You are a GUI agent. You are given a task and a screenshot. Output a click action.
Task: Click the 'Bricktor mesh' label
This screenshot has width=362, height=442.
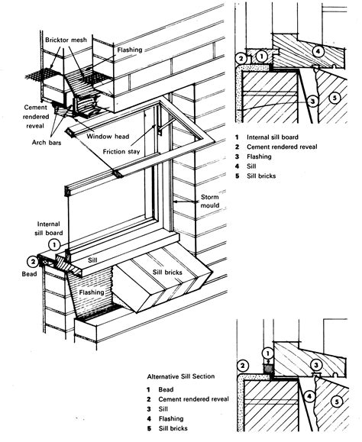[66, 40]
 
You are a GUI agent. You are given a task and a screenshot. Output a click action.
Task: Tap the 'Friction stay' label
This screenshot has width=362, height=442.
[121, 152]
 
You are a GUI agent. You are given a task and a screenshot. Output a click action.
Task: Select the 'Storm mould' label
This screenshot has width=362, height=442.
[210, 201]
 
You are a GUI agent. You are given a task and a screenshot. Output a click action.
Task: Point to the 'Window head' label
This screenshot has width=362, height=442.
[108, 137]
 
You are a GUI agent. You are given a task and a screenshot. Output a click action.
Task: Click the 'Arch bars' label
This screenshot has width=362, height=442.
[47, 143]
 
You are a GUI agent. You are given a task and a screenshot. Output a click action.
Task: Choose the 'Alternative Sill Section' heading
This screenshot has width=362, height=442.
[181, 376]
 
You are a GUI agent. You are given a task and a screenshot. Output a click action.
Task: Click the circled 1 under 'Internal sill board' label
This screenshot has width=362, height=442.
[54, 244]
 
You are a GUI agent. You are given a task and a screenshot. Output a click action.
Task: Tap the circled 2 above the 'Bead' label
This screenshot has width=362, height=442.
[33, 262]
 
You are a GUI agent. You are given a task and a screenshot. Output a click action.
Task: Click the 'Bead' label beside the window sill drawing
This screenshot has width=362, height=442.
[29, 274]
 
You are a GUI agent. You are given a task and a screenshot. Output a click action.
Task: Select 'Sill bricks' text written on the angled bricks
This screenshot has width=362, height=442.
[167, 273]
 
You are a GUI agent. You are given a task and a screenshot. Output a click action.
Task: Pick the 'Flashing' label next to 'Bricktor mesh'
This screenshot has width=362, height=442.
[130, 50]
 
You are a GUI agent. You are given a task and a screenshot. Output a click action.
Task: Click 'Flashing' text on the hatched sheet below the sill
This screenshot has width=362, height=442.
[92, 292]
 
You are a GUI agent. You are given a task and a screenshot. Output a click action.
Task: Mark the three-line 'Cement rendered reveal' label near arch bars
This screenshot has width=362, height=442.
[36, 117]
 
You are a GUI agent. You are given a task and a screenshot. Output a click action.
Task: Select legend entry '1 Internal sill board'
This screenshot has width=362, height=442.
[267, 137]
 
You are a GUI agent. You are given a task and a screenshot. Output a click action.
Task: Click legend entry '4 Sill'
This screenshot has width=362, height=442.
[246, 166]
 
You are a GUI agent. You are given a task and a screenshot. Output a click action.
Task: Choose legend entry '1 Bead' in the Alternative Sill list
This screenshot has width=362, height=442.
[160, 390]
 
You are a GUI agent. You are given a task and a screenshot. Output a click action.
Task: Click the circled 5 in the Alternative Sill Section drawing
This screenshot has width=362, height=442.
[337, 402]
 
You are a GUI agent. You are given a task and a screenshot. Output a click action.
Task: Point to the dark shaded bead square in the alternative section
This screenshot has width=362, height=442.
[268, 368]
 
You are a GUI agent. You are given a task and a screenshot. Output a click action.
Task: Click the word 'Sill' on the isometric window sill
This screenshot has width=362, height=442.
[92, 260]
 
